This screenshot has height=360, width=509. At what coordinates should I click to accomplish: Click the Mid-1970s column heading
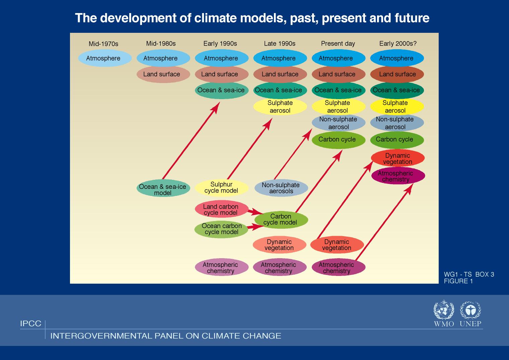pos(103,44)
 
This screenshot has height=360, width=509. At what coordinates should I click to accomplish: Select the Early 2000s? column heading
pos(398,44)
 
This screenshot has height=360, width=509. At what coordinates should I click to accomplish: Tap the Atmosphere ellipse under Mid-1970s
pos(105,58)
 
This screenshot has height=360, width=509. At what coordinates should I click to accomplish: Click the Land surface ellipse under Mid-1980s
pos(163,74)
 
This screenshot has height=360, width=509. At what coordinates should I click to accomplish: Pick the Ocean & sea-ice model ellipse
pos(163,188)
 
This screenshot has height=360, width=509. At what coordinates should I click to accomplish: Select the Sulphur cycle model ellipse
pos(222,188)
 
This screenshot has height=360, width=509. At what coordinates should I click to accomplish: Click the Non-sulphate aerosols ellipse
pos(281,188)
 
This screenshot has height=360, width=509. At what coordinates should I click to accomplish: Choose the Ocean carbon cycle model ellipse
pos(221,229)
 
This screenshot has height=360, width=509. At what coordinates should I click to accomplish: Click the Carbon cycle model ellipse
pos(281,220)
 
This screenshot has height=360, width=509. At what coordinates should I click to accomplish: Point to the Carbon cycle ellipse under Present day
pos(339,140)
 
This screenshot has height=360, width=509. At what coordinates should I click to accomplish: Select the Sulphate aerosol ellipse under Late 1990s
pos(280,106)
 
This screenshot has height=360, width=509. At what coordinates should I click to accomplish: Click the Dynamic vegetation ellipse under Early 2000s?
pos(398,158)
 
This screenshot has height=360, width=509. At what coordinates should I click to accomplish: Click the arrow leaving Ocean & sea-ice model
pos(191,140)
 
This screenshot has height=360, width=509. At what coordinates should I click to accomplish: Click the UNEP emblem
pos(470,310)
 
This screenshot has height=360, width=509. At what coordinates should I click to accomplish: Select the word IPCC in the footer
pos(31,323)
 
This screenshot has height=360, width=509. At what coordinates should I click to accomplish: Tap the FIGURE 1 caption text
pos(458,281)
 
